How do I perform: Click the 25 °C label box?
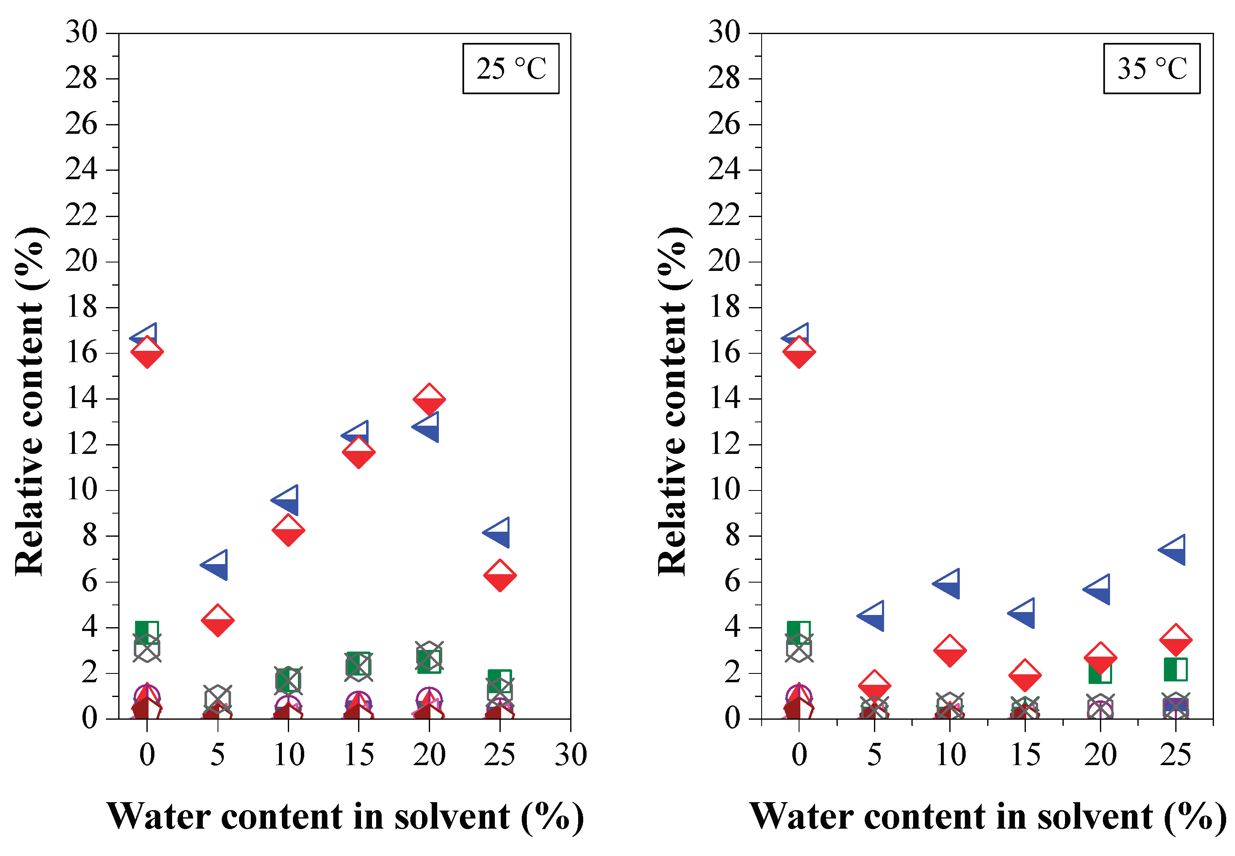click(510, 69)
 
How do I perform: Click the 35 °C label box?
click(1151, 69)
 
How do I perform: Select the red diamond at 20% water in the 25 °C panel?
click(429, 399)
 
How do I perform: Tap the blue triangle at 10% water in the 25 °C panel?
click(287, 500)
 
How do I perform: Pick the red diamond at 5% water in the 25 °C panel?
click(217, 620)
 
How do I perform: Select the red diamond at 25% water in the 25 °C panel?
click(499, 575)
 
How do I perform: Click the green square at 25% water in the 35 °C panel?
click(1175, 669)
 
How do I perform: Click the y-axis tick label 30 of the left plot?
click(82, 32)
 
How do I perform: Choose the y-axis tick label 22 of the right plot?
click(724, 216)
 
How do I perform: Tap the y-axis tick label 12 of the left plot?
click(82, 445)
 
